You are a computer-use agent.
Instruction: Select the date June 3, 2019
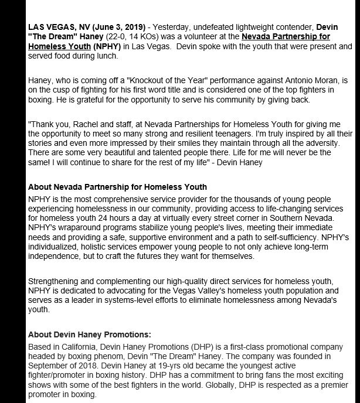118,28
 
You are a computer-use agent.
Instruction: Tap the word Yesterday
174,28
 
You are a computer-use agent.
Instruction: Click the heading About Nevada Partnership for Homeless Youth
117,187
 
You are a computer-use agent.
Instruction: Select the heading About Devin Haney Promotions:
90,334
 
